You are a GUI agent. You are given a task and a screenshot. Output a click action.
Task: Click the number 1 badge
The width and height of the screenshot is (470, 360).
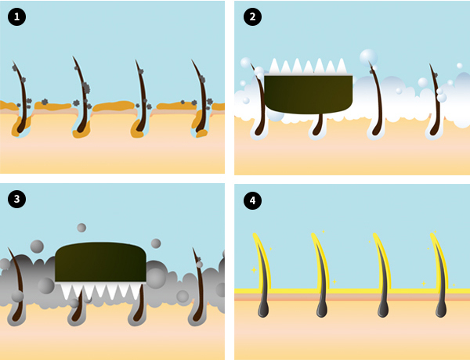pos(16,16)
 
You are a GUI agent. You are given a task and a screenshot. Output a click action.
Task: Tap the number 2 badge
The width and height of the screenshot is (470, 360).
pos(252,16)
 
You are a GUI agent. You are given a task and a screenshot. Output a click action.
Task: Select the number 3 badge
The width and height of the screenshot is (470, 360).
pos(16,199)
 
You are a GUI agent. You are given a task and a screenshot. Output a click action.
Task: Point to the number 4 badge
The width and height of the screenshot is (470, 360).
pos(252,200)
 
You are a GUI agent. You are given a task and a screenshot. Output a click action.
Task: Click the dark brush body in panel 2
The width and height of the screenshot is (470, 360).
pos(308,95)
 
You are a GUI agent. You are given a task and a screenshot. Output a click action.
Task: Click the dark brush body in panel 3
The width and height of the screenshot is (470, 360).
pos(101,262)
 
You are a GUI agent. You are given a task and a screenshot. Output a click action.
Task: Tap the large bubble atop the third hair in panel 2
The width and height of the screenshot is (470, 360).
pos(368,57)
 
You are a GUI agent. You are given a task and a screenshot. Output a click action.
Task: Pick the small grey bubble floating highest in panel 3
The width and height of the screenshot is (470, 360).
pos(81,228)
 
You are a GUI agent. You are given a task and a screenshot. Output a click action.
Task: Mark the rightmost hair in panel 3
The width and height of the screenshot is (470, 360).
pos(198,287)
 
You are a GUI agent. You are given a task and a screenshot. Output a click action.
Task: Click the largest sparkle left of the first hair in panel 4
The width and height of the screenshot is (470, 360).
pos(254,270)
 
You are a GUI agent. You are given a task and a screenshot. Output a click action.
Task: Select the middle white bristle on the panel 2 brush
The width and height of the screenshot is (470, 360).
pos(308,67)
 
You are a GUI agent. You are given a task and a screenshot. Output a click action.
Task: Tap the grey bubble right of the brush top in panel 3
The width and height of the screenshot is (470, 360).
pos(156,243)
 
